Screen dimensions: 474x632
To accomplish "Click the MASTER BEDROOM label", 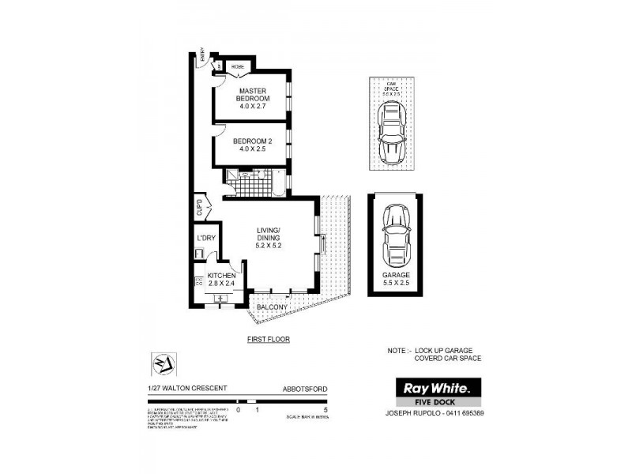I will click(x=254, y=98).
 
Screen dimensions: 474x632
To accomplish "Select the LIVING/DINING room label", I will click(x=269, y=238).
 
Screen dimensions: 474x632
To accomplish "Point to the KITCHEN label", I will click(x=221, y=276).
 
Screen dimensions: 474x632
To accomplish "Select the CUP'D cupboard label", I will click(x=200, y=209).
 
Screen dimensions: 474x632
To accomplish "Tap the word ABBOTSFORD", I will click(x=304, y=389).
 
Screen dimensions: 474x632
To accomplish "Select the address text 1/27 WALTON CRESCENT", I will click(x=186, y=389).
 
